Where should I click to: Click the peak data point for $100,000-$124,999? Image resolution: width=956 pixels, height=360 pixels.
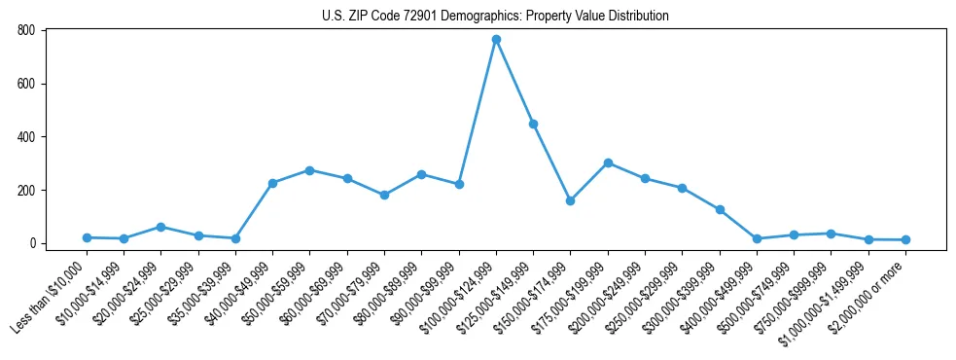[x=496, y=39]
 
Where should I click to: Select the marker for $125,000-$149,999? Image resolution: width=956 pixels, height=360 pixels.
[x=533, y=124]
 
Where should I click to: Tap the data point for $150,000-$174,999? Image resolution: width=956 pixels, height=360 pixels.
[x=570, y=200]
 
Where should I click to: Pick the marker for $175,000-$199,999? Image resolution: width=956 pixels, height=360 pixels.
[x=608, y=162]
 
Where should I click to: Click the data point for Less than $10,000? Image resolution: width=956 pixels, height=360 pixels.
[x=87, y=237]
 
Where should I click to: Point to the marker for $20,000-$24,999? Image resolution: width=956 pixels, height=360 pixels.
[x=161, y=227]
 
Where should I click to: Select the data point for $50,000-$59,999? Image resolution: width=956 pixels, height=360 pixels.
[x=310, y=170]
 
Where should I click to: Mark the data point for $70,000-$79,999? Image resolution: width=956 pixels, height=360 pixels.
[x=384, y=195]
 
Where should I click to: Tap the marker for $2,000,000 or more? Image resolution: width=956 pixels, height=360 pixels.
[x=905, y=239]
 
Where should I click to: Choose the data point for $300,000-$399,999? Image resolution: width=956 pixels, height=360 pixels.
[x=720, y=209]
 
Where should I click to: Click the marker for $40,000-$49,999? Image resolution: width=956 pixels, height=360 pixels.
[x=272, y=183]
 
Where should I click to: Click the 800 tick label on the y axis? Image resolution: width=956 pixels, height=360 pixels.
[x=26, y=30]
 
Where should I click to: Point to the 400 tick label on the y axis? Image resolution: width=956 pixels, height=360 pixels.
[x=26, y=137]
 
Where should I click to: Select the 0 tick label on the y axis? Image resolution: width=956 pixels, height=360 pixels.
[x=32, y=243]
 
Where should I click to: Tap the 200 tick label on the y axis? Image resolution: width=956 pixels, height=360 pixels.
[x=26, y=190]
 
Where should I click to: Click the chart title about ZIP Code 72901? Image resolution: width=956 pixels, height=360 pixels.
[x=495, y=16]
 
